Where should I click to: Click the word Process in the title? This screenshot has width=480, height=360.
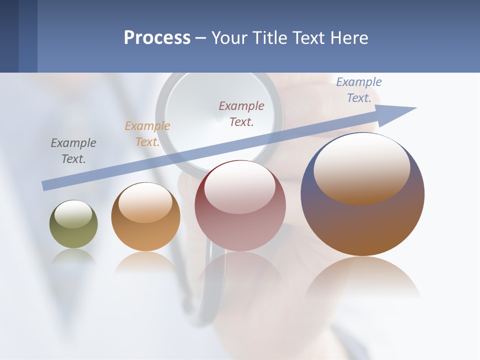point(157,38)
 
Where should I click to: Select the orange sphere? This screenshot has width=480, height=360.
point(145,235)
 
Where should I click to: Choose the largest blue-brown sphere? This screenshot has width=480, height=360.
point(362,225)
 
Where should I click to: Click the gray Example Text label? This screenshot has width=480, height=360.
point(73,151)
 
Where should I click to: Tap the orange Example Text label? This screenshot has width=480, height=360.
point(147,134)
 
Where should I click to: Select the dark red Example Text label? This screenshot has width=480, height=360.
point(241,113)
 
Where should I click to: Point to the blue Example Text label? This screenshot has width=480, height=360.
point(358,90)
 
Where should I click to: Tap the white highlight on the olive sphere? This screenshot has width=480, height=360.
point(73,214)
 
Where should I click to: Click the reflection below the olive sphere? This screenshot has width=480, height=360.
point(73,257)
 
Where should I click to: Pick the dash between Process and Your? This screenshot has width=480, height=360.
point(200,38)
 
